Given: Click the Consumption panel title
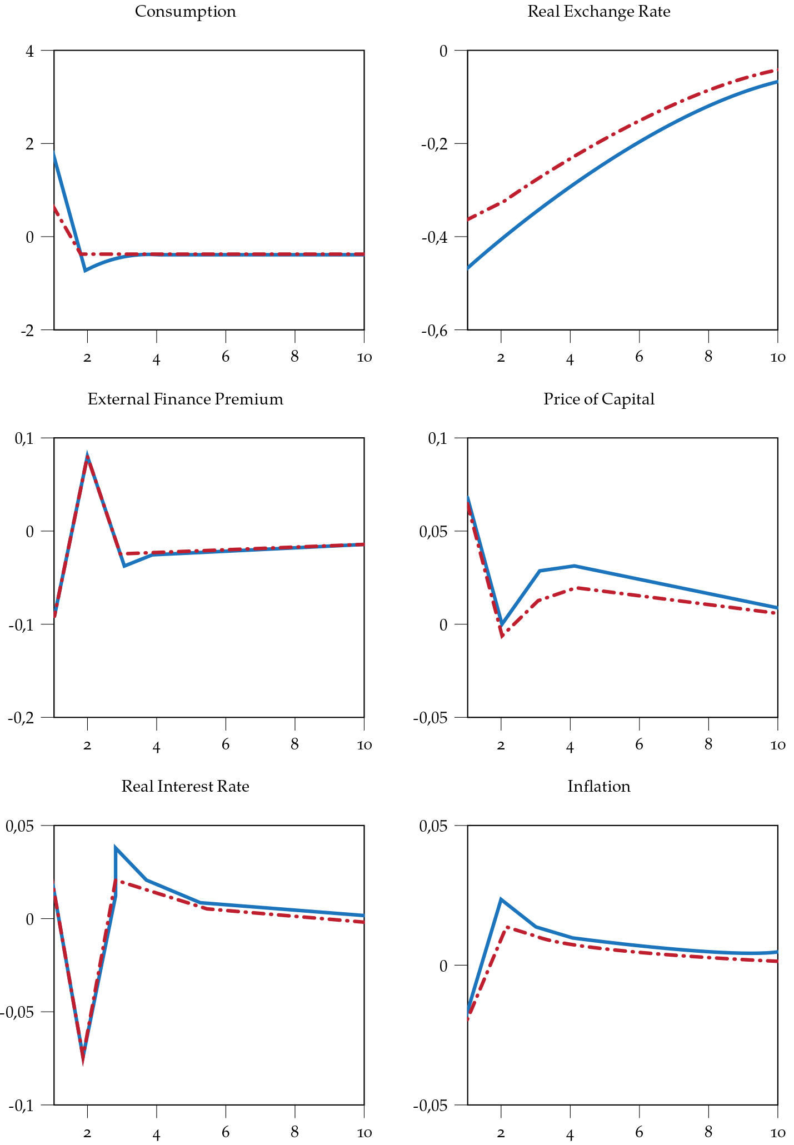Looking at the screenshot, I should coord(185,12).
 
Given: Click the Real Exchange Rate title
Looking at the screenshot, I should coord(598,12).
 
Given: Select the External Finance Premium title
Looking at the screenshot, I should coord(185,399).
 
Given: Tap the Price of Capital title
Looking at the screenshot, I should coord(598,399).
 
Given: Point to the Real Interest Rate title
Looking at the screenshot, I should coord(185,787).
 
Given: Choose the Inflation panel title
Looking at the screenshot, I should coord(598,787).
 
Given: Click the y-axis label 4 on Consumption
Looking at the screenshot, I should coord(29,51).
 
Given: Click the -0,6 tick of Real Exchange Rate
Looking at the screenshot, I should coord(435,331).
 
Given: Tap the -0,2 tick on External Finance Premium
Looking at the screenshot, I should coord(21,718).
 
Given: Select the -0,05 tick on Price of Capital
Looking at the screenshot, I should coord(431,718).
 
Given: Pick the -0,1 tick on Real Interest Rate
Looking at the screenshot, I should coord(21,1106).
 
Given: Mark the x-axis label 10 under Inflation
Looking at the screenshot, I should coord(777,1133).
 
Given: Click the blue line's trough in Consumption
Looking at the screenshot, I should coord(85,271).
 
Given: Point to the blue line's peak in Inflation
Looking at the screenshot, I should coord(501,899).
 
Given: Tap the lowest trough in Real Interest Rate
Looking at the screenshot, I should coord(83,1057).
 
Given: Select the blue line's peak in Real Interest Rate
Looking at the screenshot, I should coord(115,848).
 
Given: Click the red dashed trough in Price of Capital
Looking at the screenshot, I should coord(502,636).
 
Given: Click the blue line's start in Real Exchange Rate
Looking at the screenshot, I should coord(468,268).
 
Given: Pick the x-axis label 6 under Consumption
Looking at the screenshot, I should coord(226,357).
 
